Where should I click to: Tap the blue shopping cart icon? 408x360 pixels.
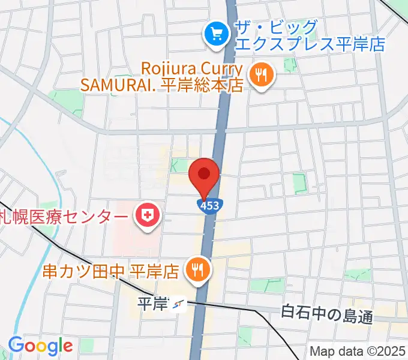click(x=214, y=35)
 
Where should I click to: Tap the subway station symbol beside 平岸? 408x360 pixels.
click(x=178, y=306)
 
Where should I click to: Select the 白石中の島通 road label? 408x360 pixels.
click(x=327, y=313)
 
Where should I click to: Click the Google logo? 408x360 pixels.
click(x=40, y=346)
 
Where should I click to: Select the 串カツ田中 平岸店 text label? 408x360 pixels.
click(x=110, y=271)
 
